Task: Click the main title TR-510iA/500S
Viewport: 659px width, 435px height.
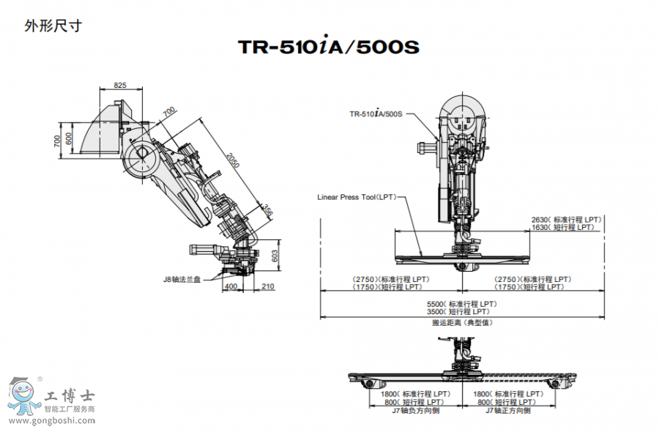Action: click(x=329, y=48)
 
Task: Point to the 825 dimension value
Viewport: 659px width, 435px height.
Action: click(x=120, y=86)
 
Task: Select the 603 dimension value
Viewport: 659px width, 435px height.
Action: click(x=275, y=256)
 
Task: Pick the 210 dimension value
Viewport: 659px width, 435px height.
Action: click(x=267, y=286)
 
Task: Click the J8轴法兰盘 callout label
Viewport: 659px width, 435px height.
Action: click(x=183, y=278)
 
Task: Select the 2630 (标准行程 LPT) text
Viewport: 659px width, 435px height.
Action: click(x=566, y=220)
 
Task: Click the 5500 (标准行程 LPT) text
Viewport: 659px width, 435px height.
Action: click(x=461, y=304)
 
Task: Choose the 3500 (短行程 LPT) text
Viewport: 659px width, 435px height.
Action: click(x=461, y=312)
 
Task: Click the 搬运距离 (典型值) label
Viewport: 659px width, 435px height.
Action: click(x=461, y=322)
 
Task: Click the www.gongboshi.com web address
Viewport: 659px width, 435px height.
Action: click(x=51, y=422)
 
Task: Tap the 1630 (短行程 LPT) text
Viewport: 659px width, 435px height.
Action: click(x=566, y=227)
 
